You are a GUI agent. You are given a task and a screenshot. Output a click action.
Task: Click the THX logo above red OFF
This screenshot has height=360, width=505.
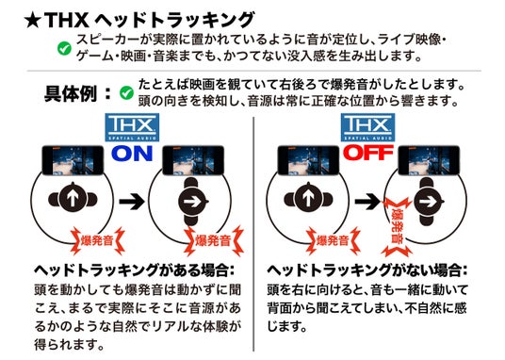[363, 128]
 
